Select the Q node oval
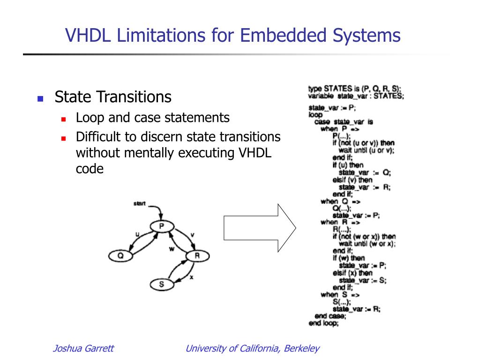click(120, 256)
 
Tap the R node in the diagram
click(197, 256)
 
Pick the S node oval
click(162, 285)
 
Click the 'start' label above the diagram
click(139, 204)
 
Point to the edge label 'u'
click(137, 234)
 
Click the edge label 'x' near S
click(191, 277)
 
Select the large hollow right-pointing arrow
click(259, 228)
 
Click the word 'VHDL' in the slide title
click(87, 36)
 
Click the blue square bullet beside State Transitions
click(40, 99)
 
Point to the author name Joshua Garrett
click(83, 348)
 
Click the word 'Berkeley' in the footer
click(302, 348)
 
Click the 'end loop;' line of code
click(323, 323)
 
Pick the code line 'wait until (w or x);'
click(367, 244)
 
